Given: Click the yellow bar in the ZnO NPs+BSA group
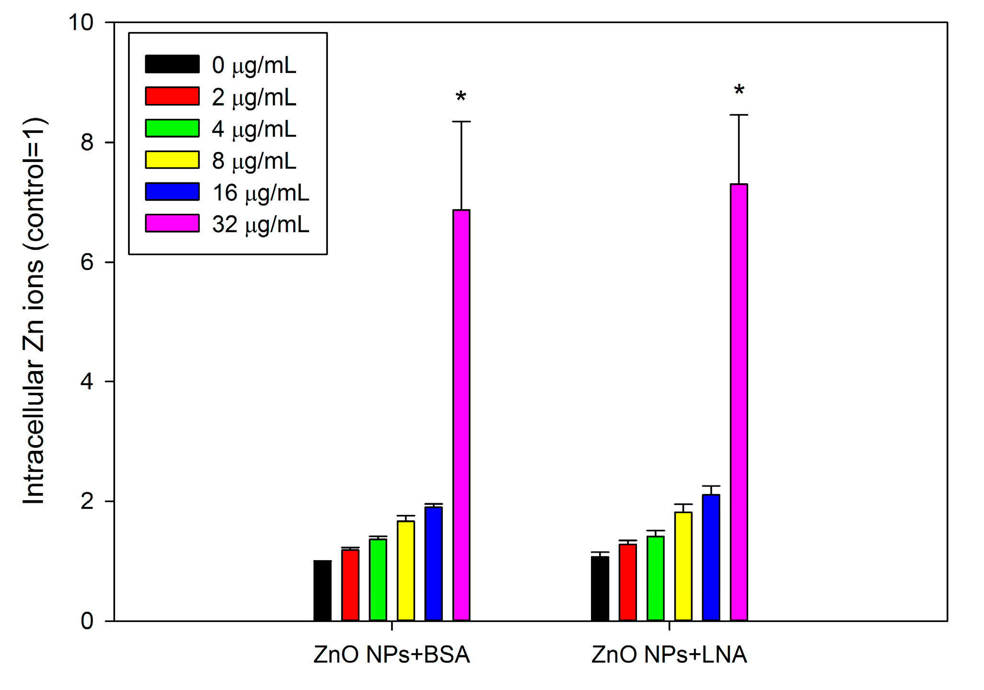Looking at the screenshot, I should tap(405, 570).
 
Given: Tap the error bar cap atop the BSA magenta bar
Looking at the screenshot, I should tap(461, 122).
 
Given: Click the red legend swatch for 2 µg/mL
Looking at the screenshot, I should tap(172, 96).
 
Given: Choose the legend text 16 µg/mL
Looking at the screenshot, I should tap(261, 193).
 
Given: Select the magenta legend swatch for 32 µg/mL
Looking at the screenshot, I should tap(172, 223).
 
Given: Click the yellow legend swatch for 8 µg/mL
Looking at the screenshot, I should tap(172, 160).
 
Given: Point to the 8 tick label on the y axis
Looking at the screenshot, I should tap(87, 142).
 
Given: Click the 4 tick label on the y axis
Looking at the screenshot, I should tap(87, 382).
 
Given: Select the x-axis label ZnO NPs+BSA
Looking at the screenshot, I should tap(391, 655).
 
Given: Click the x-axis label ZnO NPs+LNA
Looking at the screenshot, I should tap(669, 655).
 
